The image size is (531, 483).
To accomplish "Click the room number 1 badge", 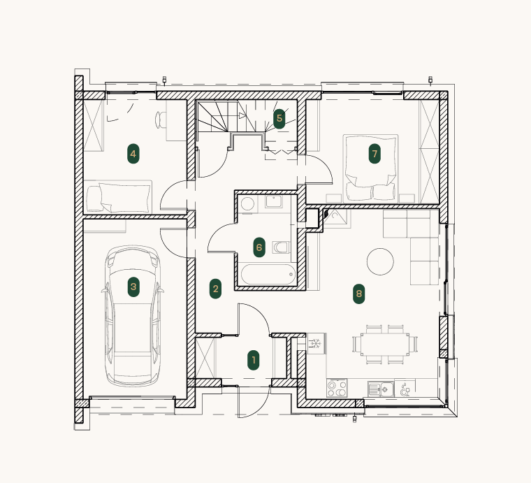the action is click(254, 360).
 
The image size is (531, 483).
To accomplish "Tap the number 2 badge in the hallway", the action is click(215, 289).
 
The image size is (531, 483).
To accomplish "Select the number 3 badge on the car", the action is click(133, 287).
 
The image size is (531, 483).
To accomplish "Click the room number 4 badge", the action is click(133, 154).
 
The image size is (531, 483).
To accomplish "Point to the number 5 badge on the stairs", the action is click(279, 119).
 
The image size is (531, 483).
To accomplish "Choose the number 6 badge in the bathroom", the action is click(259, 247).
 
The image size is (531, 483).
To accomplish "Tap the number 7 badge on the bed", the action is click(374, 154).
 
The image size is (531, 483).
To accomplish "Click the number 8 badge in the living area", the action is click(359, 294).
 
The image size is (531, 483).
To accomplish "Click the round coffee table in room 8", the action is click(380, 261).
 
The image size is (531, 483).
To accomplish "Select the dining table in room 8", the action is click(384, 344).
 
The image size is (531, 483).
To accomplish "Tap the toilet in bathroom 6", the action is click(281, 247).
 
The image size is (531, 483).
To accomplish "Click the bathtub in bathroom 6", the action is click(268, 275).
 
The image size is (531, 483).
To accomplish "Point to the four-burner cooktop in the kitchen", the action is click(337, 388).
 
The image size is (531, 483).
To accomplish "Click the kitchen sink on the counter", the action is click(381, 389).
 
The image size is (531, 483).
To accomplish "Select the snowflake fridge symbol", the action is click(317, 343).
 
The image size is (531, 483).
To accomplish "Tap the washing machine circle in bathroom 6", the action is click(247, 205).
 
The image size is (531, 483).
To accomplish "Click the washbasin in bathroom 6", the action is click(274, 201).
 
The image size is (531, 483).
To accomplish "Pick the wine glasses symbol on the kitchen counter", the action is click(405, 389).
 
